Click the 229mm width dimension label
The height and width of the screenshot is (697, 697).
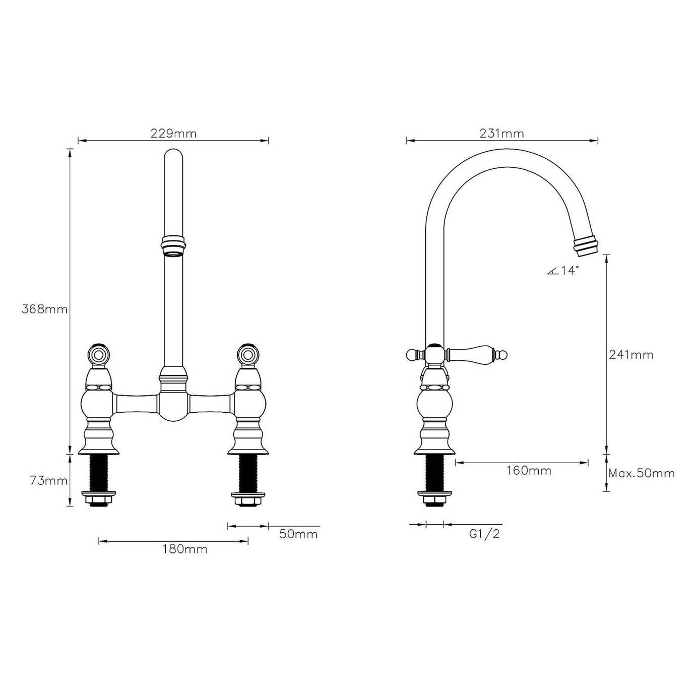click(173, 134)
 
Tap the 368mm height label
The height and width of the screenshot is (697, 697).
click(44, 309)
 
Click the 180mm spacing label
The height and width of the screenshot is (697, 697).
click(184, 549)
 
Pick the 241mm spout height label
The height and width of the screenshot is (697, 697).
click(631, 355)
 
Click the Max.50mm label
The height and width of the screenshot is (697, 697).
click(641, 473)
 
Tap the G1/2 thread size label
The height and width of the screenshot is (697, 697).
click(484, 534)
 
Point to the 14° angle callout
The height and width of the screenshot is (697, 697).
click(563, 271)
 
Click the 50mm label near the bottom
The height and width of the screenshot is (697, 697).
click(298, 534)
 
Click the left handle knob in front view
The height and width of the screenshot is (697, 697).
click(98, 354)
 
